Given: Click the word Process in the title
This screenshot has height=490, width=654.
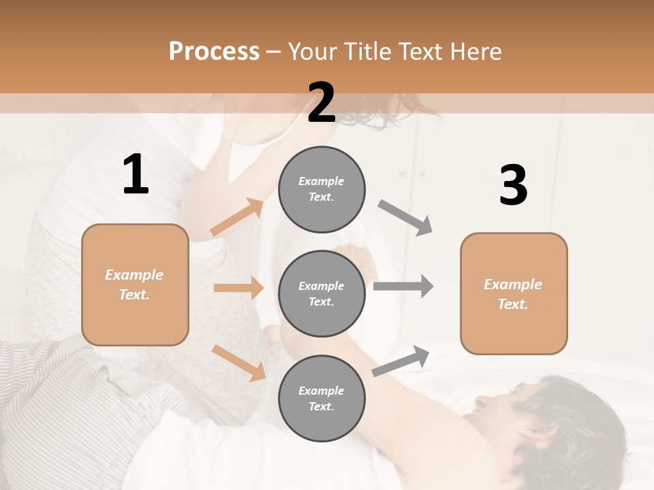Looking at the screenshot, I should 214,52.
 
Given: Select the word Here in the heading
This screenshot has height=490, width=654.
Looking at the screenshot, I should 474,52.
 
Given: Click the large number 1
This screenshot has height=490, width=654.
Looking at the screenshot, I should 136,175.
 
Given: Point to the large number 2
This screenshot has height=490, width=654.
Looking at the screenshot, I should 322,103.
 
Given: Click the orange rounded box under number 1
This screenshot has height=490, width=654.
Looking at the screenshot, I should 135,284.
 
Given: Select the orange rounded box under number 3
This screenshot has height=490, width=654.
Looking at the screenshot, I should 514,293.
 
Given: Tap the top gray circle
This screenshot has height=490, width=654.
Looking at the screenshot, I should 322,189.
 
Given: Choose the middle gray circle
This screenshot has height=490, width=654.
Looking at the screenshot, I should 322,293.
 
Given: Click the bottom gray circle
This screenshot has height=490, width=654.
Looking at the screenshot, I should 322,398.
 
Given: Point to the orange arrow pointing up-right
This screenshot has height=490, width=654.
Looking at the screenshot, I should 237,217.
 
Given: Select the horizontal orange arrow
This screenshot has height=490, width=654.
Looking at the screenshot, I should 238,288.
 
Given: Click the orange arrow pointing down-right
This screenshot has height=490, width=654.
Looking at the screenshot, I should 238,362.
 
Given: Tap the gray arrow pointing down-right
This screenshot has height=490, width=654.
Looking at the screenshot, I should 405,217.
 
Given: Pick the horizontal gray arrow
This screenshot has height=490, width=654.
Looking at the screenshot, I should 403,286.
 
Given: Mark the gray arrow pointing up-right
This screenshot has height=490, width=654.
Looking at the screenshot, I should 401,361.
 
